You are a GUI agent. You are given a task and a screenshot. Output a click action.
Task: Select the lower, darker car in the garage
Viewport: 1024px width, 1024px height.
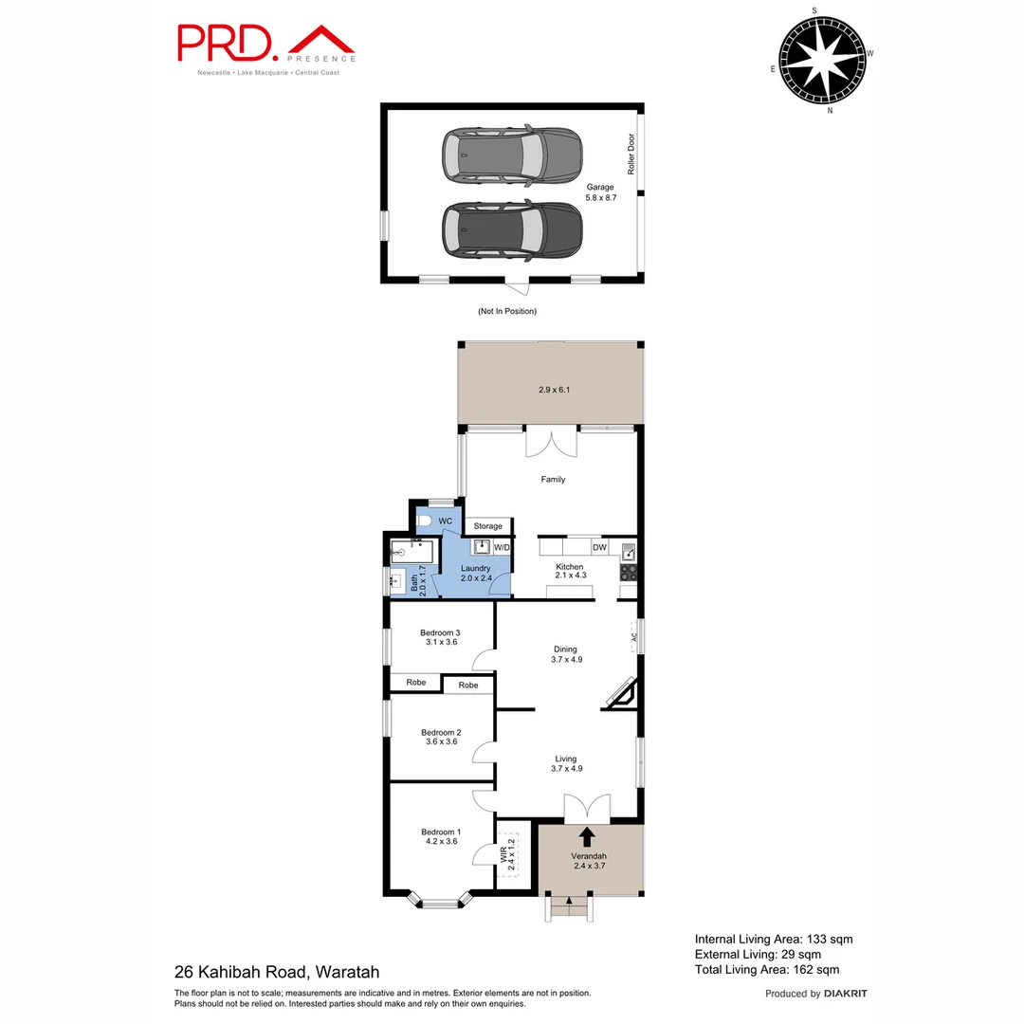point(511,229)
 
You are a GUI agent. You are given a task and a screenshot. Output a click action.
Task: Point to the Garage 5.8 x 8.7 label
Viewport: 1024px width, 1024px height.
point(600,192)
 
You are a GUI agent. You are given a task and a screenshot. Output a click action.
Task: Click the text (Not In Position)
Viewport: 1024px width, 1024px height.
point(506,311)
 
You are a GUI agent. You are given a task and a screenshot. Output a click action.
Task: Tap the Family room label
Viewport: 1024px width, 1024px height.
point(553,480)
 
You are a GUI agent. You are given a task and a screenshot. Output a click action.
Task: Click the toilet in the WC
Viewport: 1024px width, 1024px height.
point(425,521)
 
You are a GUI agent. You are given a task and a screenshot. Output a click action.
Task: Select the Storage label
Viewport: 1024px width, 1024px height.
point(487,526)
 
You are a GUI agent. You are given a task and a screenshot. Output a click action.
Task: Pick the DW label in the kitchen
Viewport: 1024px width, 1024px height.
point(599,547)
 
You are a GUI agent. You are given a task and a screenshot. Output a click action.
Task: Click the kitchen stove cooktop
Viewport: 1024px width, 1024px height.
point(628,573)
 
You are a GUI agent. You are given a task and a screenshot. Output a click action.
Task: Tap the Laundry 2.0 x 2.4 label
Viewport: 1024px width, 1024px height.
point(475,574)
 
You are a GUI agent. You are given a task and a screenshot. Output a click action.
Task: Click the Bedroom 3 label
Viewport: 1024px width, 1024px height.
point(440,638)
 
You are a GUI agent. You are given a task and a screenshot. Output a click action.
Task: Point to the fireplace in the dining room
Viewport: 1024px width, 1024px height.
point(621,694)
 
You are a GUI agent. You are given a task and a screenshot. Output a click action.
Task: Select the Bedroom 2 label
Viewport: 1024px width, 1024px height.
point(440,737)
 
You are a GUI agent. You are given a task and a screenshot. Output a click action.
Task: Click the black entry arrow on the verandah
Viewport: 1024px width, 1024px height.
point(587,836)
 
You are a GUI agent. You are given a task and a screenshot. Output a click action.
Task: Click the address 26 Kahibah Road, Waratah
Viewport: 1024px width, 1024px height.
point(277,972)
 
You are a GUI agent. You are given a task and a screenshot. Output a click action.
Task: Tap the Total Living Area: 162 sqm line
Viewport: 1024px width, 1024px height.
point(766,970)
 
